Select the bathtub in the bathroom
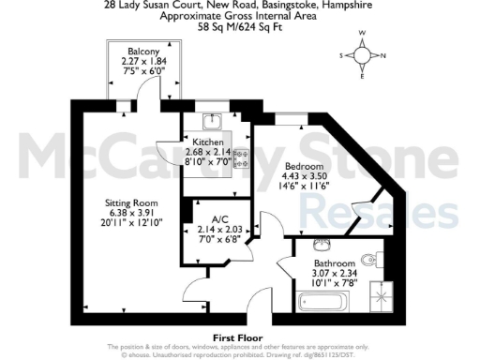[322, 301]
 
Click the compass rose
[363, 54]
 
